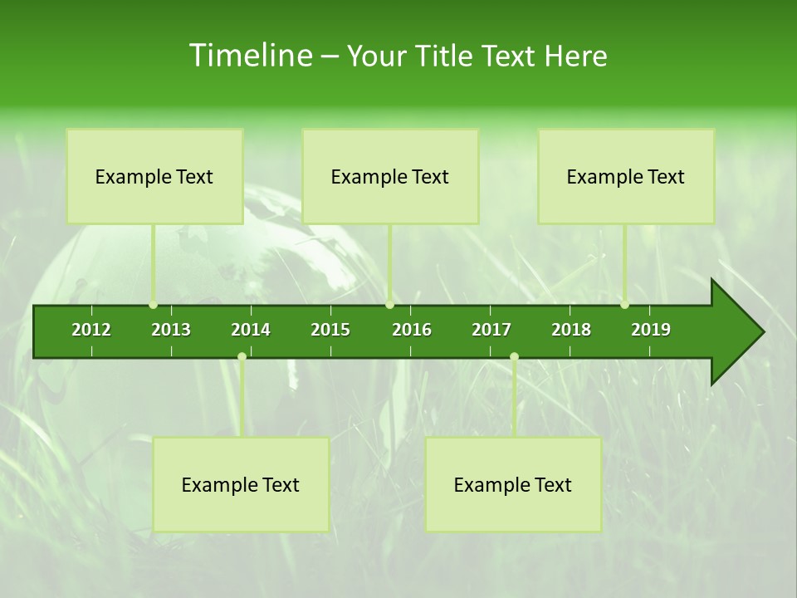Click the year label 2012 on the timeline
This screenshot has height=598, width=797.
91,330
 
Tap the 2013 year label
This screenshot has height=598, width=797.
171,330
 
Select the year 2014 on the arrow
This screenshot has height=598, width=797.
251,330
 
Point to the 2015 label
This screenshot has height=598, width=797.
330,330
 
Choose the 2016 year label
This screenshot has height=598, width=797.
412,330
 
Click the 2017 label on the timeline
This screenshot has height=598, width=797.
491,330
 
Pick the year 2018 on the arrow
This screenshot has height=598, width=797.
571,330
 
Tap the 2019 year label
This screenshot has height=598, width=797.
651,330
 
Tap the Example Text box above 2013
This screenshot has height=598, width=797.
154,176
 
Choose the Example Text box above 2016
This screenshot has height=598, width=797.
390,176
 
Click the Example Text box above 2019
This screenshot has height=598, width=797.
626,176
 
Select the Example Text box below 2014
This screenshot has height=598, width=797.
241,484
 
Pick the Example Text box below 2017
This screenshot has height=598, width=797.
513,484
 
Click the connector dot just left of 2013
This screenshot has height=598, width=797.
153,305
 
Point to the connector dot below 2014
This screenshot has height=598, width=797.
242,356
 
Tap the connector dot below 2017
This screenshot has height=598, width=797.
514,356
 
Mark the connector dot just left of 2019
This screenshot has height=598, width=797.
624,305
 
